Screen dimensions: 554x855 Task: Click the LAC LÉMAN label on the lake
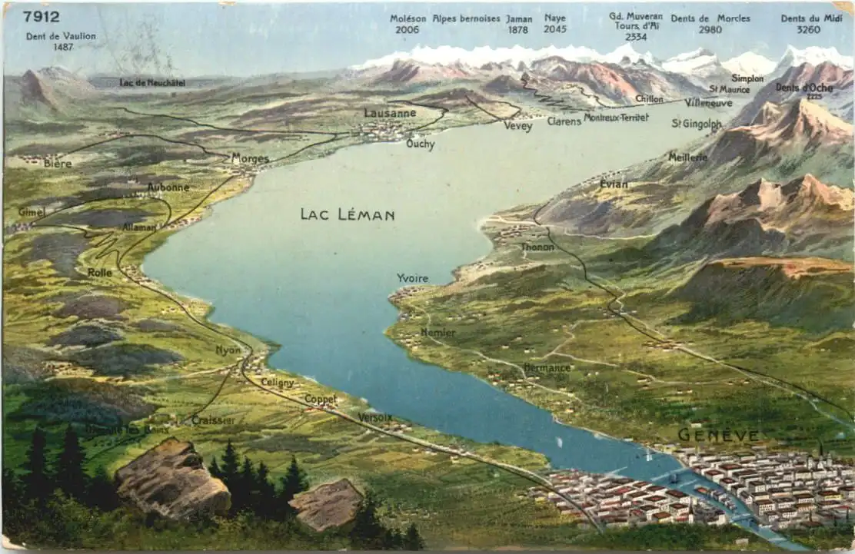click(348, 214)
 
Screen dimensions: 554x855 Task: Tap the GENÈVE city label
click(718, 435)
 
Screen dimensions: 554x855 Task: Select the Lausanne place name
click(390, 113)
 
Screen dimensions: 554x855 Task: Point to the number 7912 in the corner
click(41, 16)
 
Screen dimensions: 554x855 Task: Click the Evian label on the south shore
click(614, 184)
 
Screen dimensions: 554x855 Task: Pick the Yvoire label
click(413, 278)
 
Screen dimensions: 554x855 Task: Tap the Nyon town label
click(228, 350)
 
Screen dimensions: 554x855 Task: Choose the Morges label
click(251, 159)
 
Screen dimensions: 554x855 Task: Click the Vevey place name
click(518, 127)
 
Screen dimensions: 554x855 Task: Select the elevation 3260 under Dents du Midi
click(808, 30)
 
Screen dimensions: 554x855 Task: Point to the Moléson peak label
click(408, 18)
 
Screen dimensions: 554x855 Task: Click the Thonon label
click(537, 247)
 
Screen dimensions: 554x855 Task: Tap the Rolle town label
click(99, 272)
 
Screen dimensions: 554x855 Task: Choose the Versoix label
click(375, 417)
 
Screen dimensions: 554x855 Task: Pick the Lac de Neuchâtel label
click(152, 83)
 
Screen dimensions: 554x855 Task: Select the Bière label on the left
click(58, 164)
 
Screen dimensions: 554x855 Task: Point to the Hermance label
click(547, 368)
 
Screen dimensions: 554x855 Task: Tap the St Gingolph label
click(697, 123)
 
